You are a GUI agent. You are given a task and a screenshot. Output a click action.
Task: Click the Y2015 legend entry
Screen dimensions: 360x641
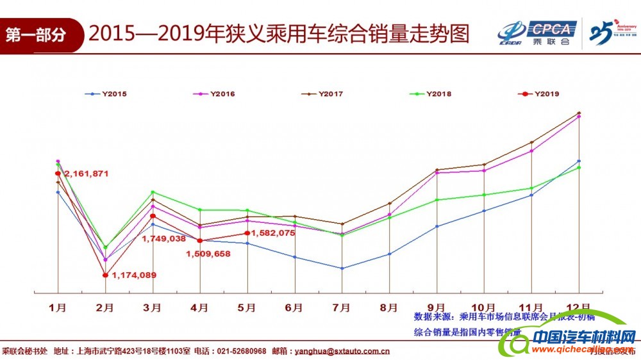click(106, 94)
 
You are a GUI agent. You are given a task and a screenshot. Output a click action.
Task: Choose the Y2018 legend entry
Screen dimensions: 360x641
click(430, 94)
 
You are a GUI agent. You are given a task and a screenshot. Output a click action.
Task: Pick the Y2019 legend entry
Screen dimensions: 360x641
click(538, 94)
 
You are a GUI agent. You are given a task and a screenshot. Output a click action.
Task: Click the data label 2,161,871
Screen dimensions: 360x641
click(87, 174)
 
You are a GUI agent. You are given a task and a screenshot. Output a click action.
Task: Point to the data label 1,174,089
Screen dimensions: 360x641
click(134, 275)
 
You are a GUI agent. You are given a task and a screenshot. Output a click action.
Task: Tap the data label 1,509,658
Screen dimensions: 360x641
click(208, 254)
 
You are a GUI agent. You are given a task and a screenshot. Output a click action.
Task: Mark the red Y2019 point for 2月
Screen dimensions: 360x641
click(105, 275)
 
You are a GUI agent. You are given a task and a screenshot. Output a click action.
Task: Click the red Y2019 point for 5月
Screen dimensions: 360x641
click(247, 233)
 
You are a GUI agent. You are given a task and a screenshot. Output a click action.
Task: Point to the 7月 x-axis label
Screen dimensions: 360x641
click(342, 307)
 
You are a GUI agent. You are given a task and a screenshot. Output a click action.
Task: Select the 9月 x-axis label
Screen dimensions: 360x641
click(437, 307)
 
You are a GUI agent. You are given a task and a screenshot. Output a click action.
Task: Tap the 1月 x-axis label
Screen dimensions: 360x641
click(58, 307)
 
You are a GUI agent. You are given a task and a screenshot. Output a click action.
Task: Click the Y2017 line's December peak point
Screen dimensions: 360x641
click(579, 113)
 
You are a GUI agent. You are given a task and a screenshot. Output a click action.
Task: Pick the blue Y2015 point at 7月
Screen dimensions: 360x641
click(342, 268)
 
